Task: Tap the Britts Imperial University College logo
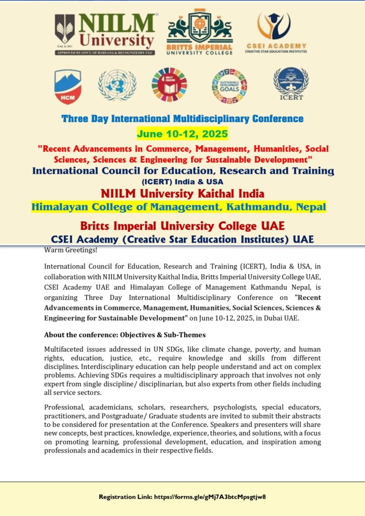(x=200, y=32)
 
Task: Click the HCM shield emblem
(x=68, y=86)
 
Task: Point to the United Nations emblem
(x=117, y=84)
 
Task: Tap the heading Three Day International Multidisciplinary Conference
(x=182, y=119)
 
